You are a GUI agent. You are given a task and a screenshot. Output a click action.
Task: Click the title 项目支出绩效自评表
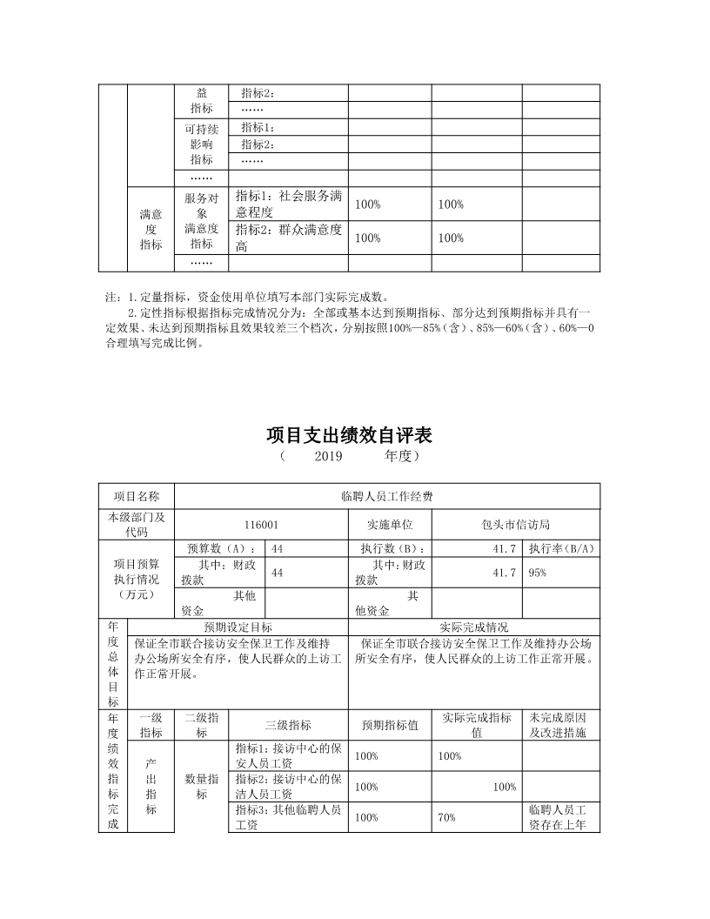pos(355,434)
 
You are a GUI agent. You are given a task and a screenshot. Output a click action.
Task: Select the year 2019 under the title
pos(329,455)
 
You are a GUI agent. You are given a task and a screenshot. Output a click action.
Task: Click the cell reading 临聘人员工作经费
pos(387,497)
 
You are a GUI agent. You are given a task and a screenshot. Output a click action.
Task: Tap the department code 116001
pos(261,525)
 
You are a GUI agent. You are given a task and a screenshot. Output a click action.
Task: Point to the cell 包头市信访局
pos(516,525)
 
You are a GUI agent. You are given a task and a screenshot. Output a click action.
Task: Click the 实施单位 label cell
pos(390,525)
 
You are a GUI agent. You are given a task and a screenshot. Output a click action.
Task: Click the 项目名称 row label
pos(137,497)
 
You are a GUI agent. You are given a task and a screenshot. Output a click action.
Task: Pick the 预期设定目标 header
pos(238,627)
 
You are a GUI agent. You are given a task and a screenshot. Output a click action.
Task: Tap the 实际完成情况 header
pos(474,627)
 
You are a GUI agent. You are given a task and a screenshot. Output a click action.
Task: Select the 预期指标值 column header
pos(390,726)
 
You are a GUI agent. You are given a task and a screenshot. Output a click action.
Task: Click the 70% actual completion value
pos(447,817)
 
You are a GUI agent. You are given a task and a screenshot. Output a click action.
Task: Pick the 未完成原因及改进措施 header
pos(560,726)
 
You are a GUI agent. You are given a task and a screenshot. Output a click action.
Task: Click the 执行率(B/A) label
pos(561,548)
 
